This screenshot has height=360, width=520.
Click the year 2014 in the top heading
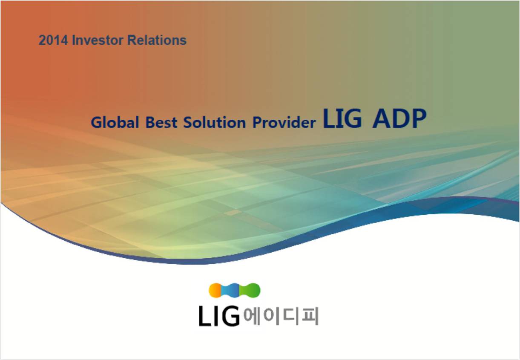click(x=53, y=40)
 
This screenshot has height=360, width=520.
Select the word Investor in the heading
click(x=98, y=40)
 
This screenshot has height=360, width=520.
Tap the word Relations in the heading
click(x=157, y=40)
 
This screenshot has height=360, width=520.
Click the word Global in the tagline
click(x=115, y=122)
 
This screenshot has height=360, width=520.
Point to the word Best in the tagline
click(x=161, y=122)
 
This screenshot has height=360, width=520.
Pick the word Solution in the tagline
click(x=215, y=122)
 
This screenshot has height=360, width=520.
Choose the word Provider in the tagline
click(x=284, y=122)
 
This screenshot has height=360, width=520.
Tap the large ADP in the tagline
click(x=399, y=118)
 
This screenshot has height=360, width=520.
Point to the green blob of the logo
click(x=251, y=290)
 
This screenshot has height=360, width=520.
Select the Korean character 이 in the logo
click(x=271, y=316)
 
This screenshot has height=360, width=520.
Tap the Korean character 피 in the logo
click(x=310, y=316)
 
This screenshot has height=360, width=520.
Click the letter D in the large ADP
click(x=400, y=118)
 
